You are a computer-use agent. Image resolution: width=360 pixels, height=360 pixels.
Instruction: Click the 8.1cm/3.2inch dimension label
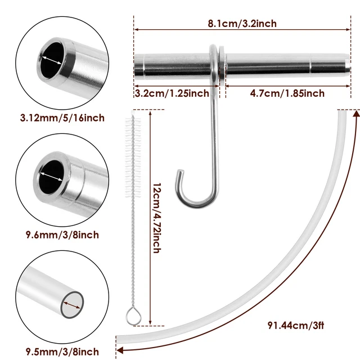[x=242, y=23]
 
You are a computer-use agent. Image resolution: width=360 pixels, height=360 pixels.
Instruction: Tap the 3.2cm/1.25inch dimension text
[x=172, y=93]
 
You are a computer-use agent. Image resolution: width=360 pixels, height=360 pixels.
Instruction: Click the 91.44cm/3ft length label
[x=298, y=325]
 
